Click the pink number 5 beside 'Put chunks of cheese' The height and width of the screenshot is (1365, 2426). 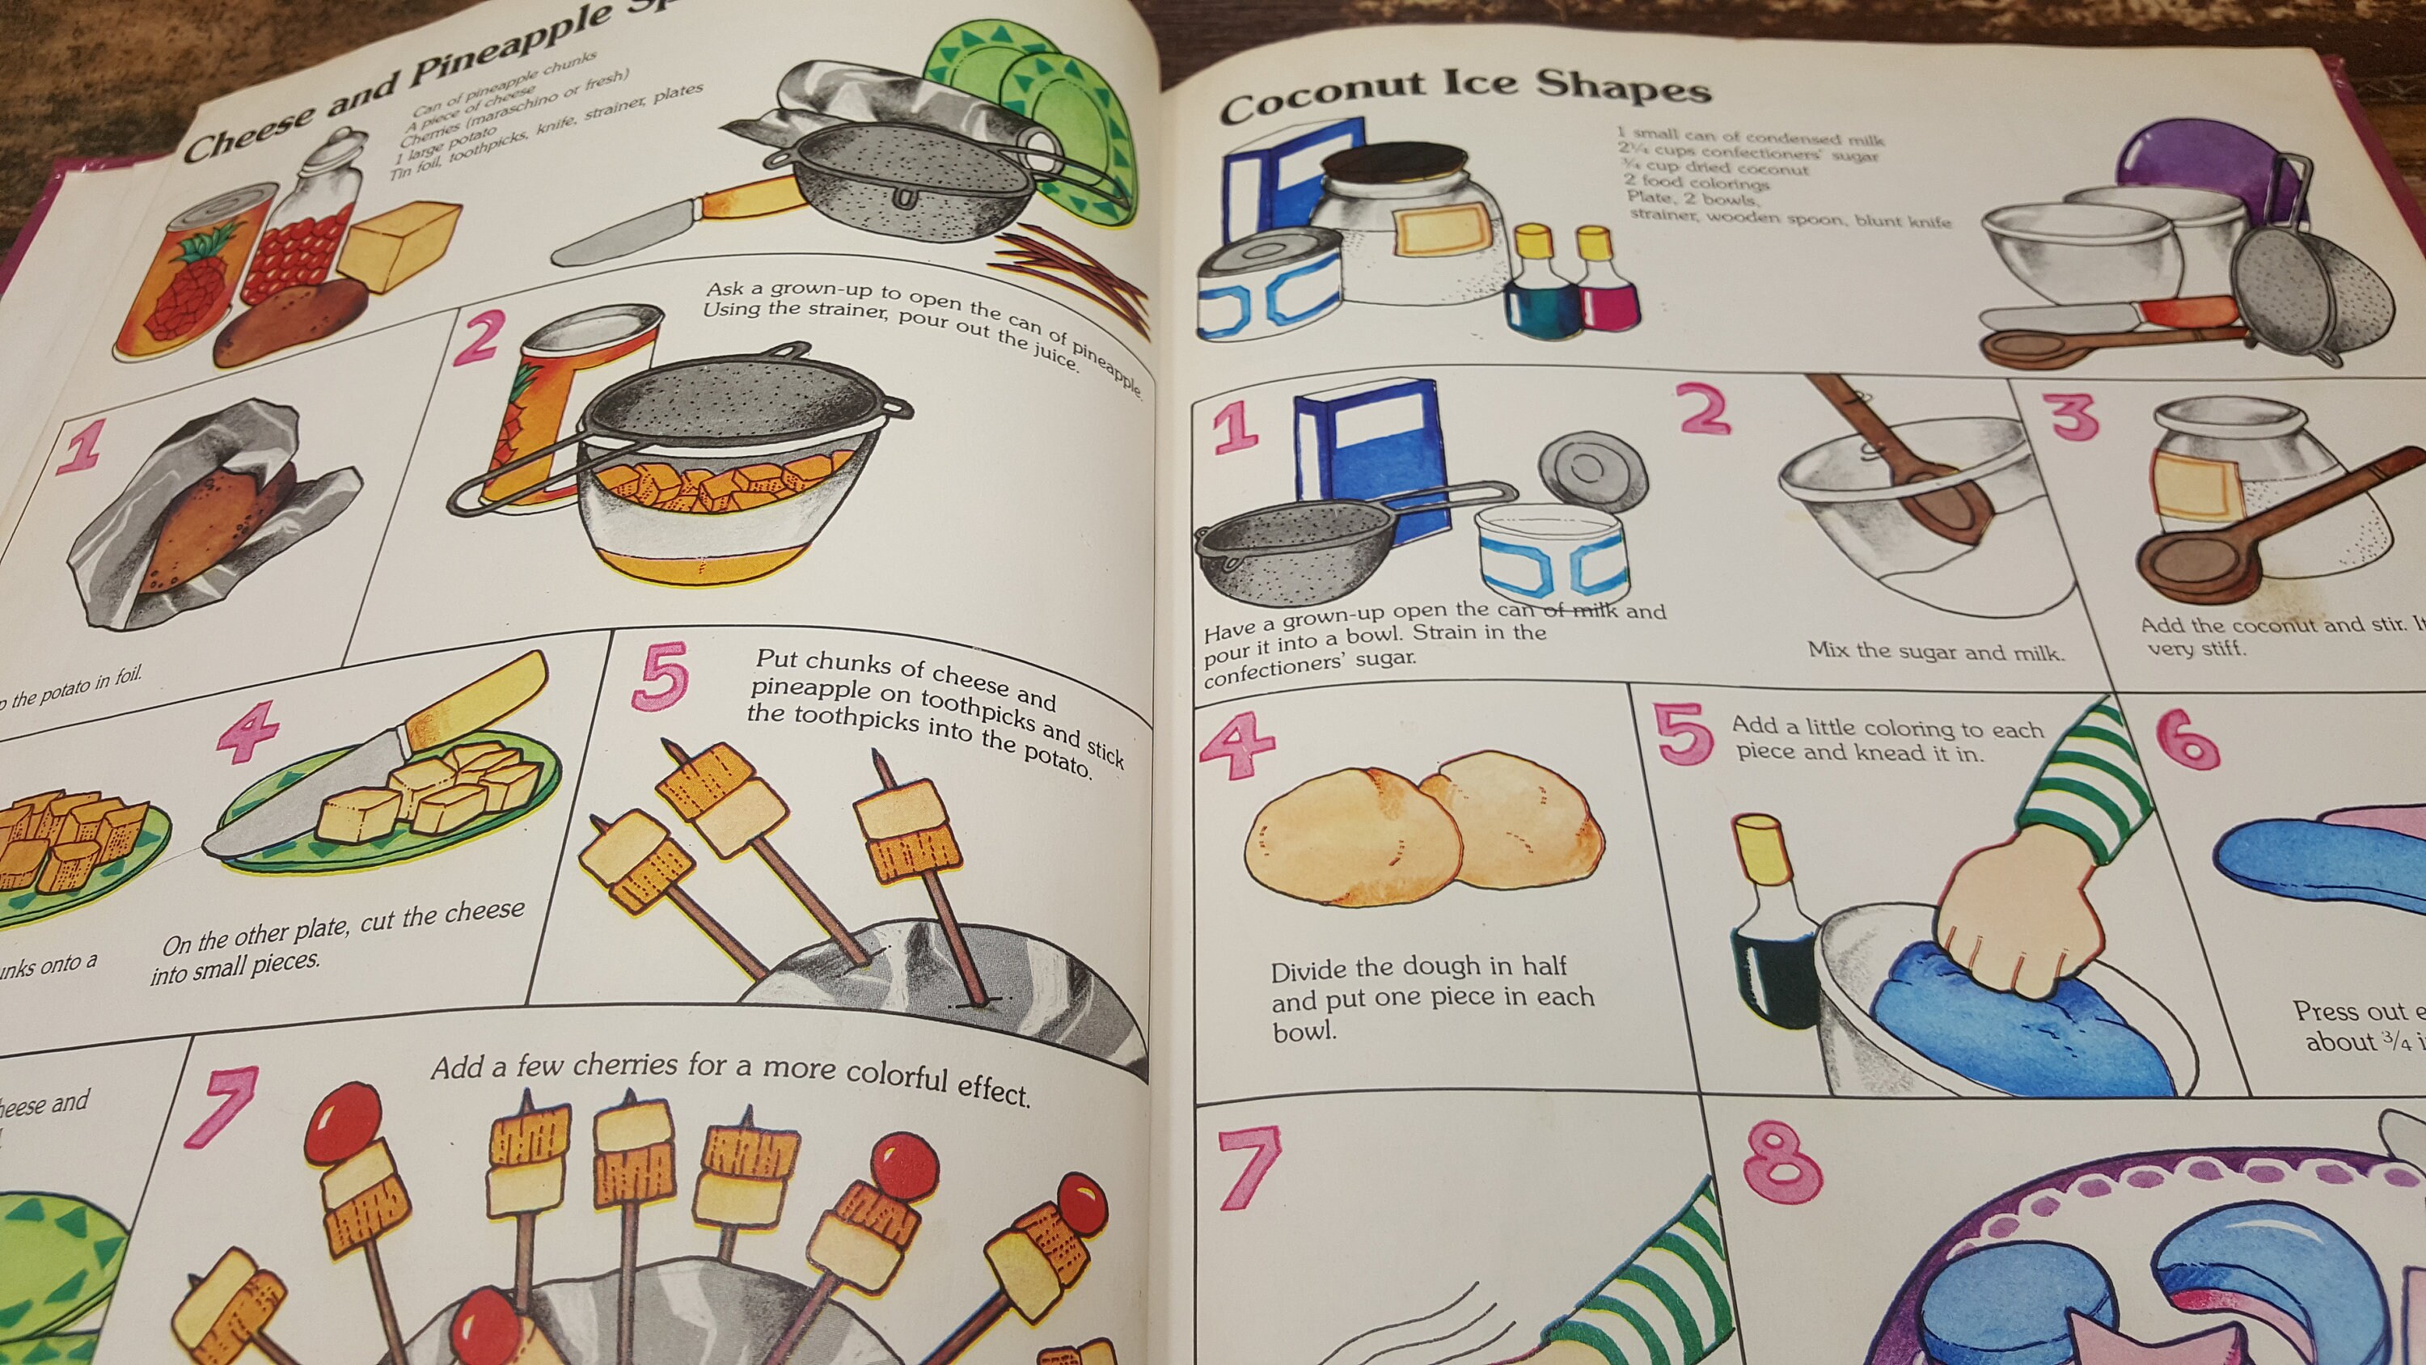662,674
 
